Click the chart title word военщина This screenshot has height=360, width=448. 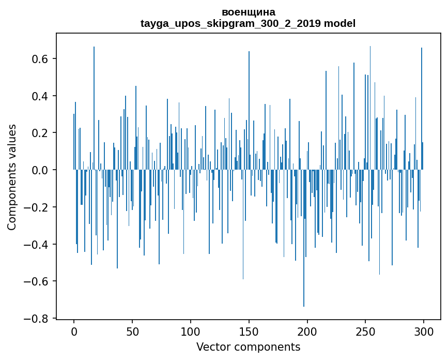click(x=248, y=12)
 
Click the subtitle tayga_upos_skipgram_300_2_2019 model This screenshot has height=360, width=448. click(x=248, y=23)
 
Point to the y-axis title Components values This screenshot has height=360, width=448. click(x=11, y=177)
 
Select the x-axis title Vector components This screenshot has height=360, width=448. click(x=248, y=347)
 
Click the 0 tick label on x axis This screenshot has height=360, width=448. click(x=74, y=331)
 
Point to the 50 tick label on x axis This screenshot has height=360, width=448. click(x=132, y=331)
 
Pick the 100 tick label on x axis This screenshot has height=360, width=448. click(x=191, y=331)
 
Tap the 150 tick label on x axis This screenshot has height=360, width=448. click(x=249, y=331)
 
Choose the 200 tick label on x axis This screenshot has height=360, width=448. click(x=307, y=331)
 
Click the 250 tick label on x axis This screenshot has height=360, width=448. click(x=366, y=331)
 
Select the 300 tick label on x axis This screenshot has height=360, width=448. click(x=424, y=331)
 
